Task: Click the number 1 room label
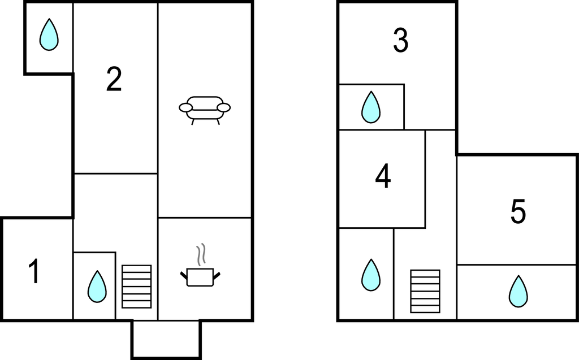[x=34, y=272]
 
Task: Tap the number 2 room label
[x=114, y=79]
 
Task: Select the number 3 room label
[x=400, y=41]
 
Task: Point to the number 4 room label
[x=383, y=177]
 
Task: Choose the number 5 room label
[x=518, y=212]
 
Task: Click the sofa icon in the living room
[x=205, y=109]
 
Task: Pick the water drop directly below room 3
[x=371, y=107]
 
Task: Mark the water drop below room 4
[x=371, y=275]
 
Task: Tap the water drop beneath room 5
[x=517, y=292]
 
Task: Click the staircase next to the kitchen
[x=137, y=287]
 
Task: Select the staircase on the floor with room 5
[x=425, y=291]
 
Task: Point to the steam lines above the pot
[x=200, y=255]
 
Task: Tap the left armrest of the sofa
[x=185, y=107]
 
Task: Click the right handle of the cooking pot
[x=217, y=275]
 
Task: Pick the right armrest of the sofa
[x=224, y=107]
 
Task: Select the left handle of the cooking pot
[x=184, y=275]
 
